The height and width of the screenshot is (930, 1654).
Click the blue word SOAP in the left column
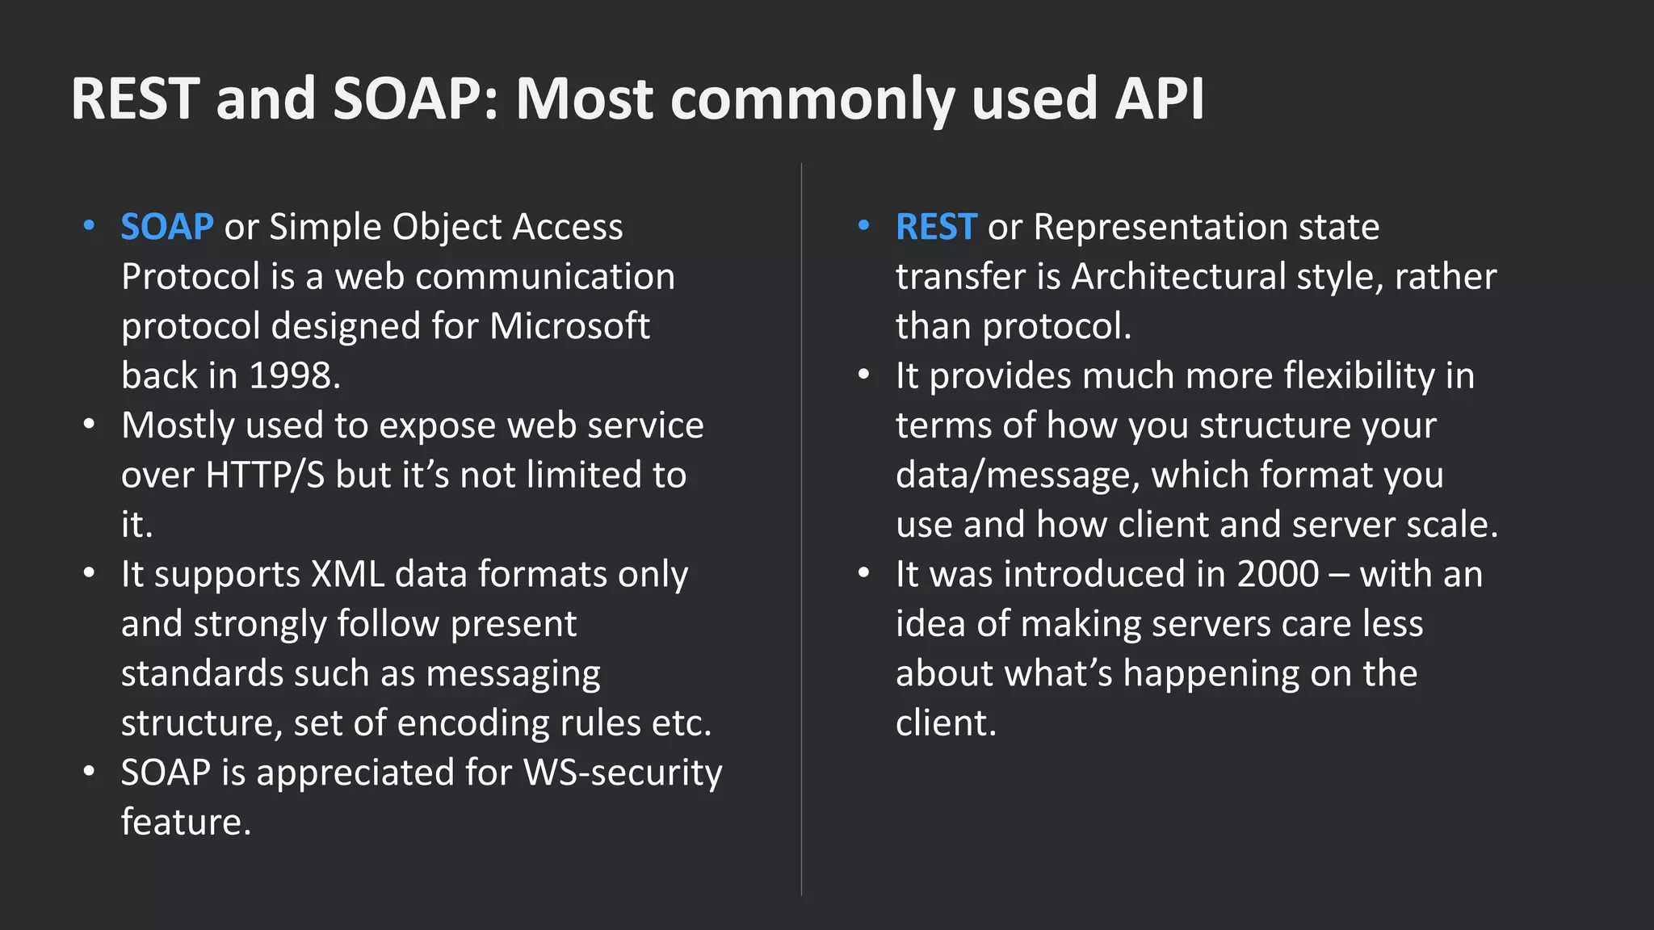point(167,227)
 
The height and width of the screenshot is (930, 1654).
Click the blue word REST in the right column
point(936,227)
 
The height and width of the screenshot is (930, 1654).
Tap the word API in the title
point(1160,98)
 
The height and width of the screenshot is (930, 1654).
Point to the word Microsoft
point(569,326)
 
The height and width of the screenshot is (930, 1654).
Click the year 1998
point(291,375)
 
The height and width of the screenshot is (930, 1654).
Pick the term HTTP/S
point(265,475)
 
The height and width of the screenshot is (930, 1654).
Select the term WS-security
point(623,773)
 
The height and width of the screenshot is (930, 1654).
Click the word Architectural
point(1178,277)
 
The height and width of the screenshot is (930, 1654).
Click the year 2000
point(1278,574)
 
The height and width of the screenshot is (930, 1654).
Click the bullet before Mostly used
point(89,425)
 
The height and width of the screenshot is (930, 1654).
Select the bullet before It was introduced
point(863,573)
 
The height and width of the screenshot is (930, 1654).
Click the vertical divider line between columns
point(801,529)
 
